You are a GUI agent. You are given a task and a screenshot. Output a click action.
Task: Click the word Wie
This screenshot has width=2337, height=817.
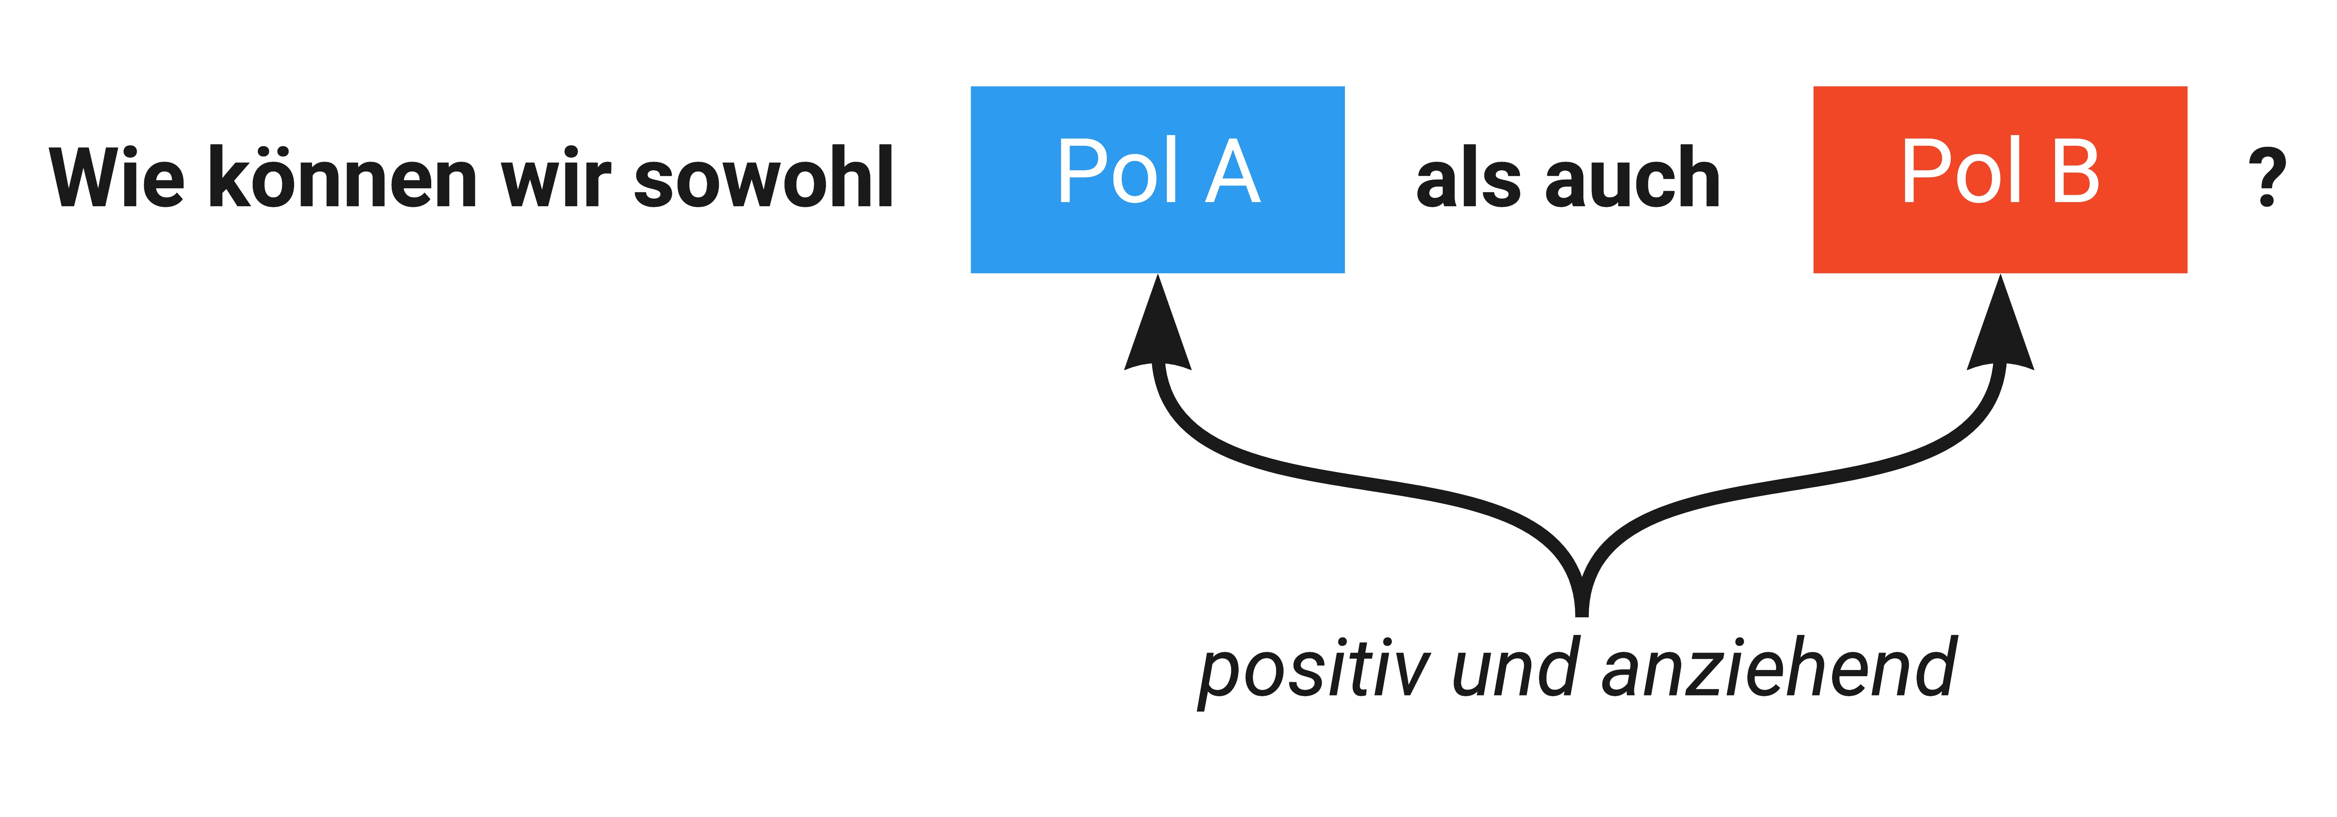coord(116,178)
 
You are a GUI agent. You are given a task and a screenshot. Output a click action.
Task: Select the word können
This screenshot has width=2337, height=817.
coord(343,178)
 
